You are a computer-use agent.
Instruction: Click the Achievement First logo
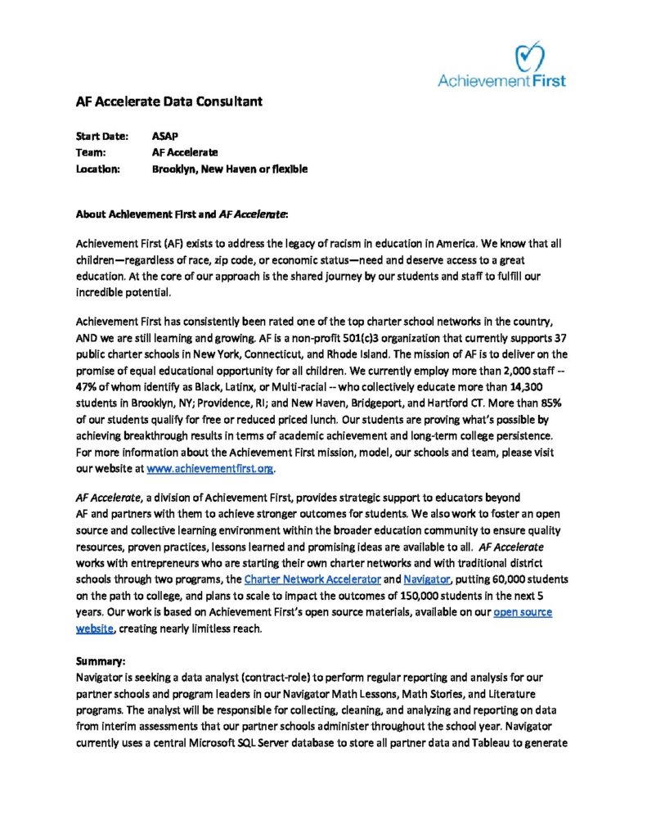click(501, 65)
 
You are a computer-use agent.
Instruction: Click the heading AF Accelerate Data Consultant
click(168, 102)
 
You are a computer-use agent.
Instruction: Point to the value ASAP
click(165, 136)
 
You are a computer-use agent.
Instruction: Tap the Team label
click(90, 152)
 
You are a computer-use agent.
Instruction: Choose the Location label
click(98, 169)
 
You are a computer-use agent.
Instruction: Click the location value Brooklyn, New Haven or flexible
click(230, 169)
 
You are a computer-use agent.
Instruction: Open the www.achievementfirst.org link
click(210, 469)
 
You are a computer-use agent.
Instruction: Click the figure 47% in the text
click(88, 392)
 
